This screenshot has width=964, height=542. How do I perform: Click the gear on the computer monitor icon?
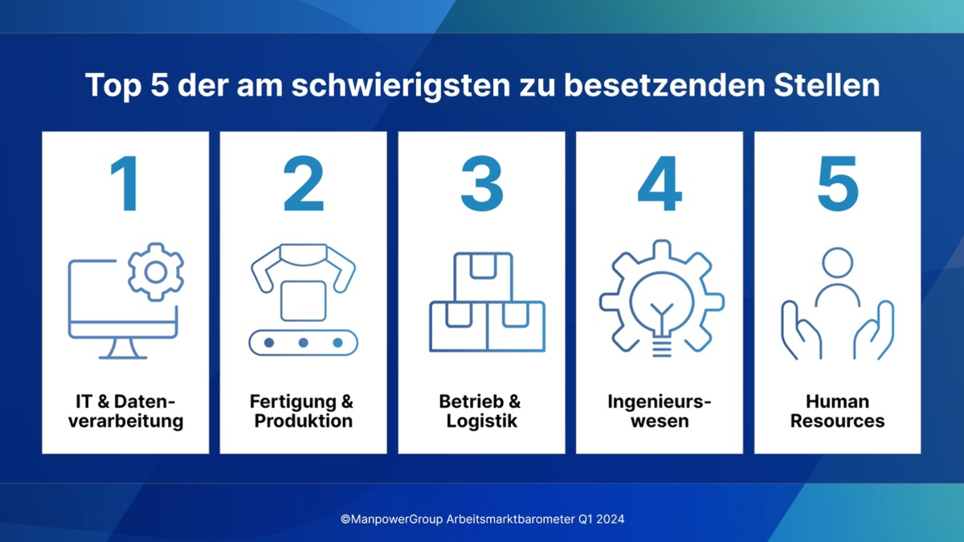point(156,272)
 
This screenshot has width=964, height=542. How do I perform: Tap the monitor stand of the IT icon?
point(123,348)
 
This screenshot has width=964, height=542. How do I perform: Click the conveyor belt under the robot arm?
point(304,343)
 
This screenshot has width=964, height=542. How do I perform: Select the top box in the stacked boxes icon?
point(482,275)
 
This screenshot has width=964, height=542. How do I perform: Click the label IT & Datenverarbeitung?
point(125,411)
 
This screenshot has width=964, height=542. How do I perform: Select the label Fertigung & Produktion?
point(304,411)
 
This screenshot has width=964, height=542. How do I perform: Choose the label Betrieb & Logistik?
point(482,411)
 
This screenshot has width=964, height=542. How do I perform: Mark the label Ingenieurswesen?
point(660,411)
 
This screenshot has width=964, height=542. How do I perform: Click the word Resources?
point(838,421)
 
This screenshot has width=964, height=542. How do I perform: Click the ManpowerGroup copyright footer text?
point(482,519)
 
